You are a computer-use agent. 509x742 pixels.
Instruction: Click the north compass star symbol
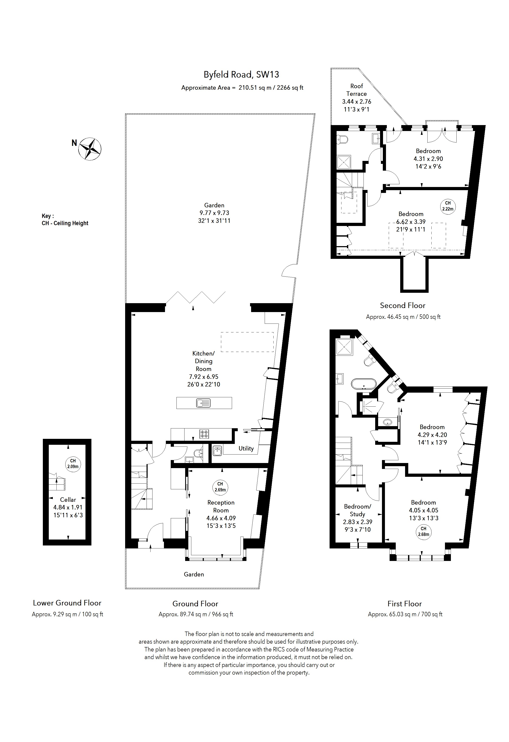click(90, 149)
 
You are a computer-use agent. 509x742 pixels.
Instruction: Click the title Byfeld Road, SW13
click(241, 75)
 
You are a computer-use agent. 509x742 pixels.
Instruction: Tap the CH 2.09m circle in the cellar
click(73, 464)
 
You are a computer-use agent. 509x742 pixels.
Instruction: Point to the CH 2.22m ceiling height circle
click(448, 206)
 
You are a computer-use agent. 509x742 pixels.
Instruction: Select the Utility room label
click(246, 449)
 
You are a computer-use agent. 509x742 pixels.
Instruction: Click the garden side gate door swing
click(288, 271)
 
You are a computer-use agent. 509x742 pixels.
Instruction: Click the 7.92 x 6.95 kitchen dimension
click(203, 377)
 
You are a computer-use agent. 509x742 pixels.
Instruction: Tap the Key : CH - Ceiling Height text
click(65, 220)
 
